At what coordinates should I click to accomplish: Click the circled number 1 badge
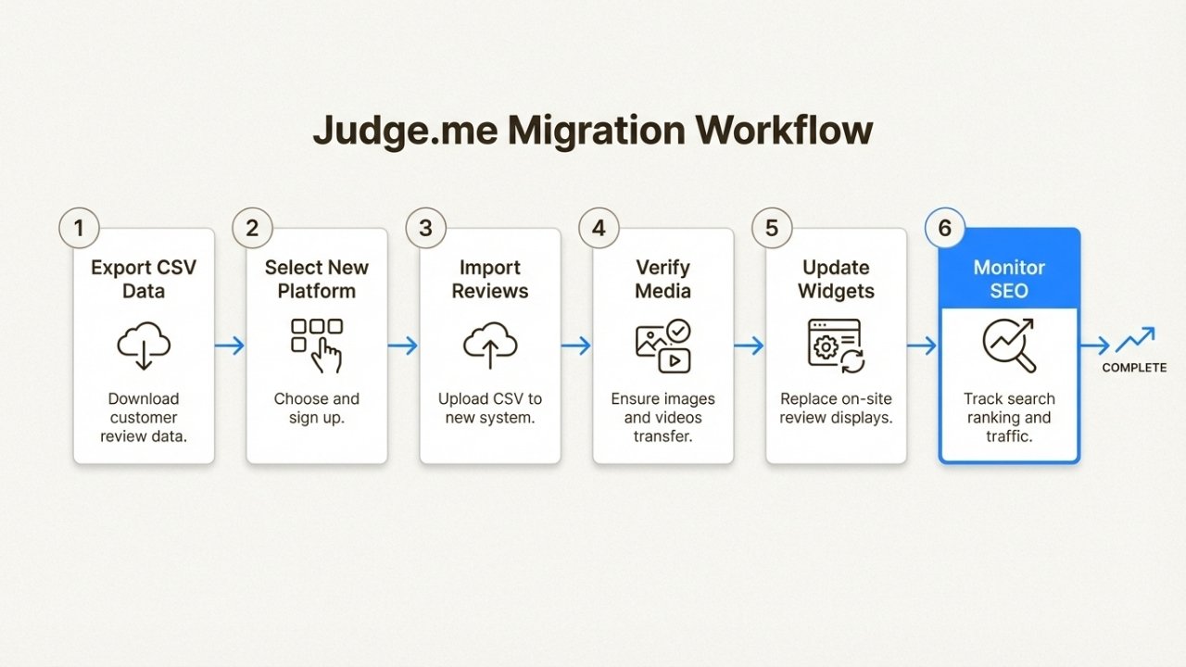[79, 228]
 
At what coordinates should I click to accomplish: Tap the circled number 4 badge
[599, 228]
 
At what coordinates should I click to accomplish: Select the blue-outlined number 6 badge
[945, 228]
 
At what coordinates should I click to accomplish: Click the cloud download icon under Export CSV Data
[144, 346]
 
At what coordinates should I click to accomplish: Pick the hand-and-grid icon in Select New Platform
[317, 345]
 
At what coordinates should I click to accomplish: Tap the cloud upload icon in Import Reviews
[490, 346]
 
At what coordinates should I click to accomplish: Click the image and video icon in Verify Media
[662, 345]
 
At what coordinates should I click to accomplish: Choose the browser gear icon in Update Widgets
[836, 345]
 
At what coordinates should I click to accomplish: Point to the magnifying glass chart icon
[1009, 345]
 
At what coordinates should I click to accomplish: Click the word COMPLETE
[1134, 368]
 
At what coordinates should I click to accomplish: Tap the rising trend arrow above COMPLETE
[1135, 340]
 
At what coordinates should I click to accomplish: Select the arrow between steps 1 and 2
[230, 346]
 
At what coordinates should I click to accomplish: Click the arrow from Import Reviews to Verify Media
[576, 346]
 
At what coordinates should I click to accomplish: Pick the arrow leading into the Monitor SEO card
[922, 346]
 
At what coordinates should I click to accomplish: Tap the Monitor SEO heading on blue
[1009, 279]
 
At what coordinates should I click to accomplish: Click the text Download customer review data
[144, 417]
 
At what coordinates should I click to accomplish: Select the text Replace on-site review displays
[836, 408]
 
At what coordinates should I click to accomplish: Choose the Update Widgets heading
[836, 279]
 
